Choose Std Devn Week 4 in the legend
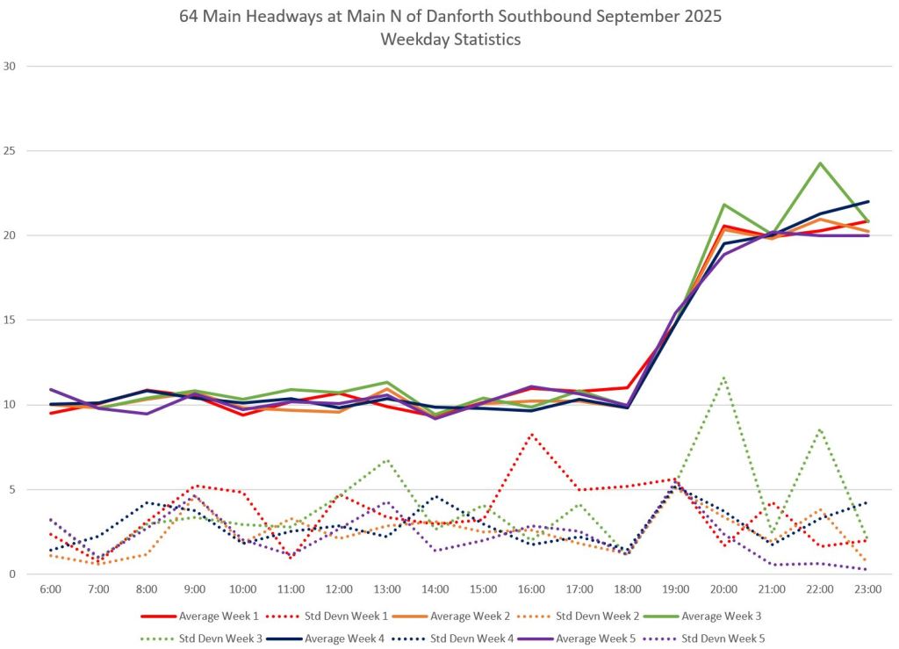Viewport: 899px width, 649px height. tap(470, 637)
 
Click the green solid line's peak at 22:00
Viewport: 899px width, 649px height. tap(820, 163)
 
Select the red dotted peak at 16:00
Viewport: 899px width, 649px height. tap(531, 434)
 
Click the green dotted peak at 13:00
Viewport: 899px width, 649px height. tap(387, 459)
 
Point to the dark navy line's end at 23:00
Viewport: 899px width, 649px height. tap(867, 202)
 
